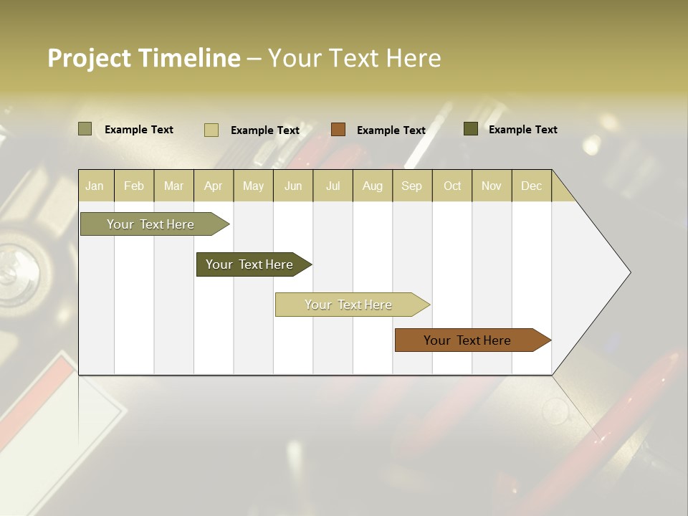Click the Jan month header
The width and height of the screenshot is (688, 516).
(95, 186)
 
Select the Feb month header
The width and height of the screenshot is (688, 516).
(134, 186)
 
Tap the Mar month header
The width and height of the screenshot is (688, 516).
(173, 186)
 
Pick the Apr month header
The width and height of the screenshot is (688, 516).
(214, 186)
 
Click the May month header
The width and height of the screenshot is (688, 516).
(253, 186)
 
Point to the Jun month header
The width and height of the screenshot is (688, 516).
(293, 186)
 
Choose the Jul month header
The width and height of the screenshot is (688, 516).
(333, 186)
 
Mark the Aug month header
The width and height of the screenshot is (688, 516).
(373, 186)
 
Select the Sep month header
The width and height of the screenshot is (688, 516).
(412, 186)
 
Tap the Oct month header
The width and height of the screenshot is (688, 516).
(452, 186)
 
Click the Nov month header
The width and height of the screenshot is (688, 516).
(492, 186)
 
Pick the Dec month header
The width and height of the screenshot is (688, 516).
(531, 186)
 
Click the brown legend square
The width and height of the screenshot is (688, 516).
(338, 130)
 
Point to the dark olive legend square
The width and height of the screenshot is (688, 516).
(470, 129)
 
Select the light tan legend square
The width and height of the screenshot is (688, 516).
(211, 130)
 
